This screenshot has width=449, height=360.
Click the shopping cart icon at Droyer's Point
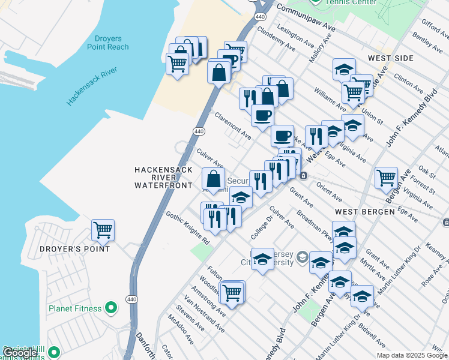103,230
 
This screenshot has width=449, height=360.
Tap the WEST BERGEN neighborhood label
364,212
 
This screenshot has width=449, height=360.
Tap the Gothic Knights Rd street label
187,227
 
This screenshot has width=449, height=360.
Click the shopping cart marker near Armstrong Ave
232,293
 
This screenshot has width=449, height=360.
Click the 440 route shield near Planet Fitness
131,299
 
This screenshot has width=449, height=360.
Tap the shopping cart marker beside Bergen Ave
386,178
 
